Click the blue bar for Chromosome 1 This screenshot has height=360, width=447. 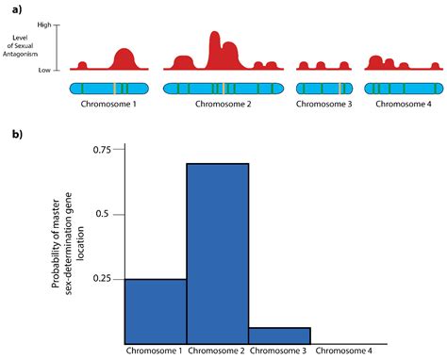pyautogui.click(x=156, y=311)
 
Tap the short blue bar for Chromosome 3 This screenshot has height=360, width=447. pyautogui.click(x=279, y=335)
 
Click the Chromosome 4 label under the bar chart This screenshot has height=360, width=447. pyautogui.click(x=344, y=351)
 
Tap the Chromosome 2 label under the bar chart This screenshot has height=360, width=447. pyautogui.click(x=218, y=351)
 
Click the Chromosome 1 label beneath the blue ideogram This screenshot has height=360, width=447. pyautogui.click(x=108, y=104)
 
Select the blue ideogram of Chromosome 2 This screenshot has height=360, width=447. pyautogui.click(x=223, y=89)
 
